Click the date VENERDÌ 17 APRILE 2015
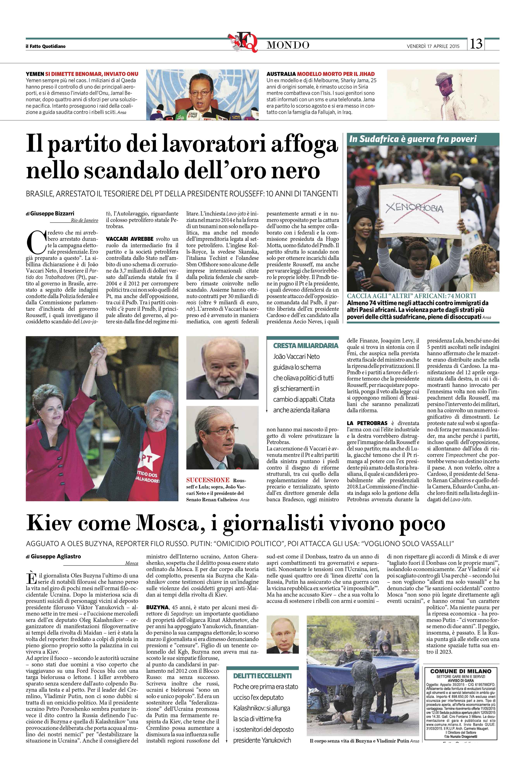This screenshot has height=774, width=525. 433,46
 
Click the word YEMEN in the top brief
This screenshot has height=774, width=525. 35,74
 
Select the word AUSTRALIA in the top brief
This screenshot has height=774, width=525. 281,74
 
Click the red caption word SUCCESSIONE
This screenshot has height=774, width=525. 208,480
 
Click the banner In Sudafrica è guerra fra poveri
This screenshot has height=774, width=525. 413,139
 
